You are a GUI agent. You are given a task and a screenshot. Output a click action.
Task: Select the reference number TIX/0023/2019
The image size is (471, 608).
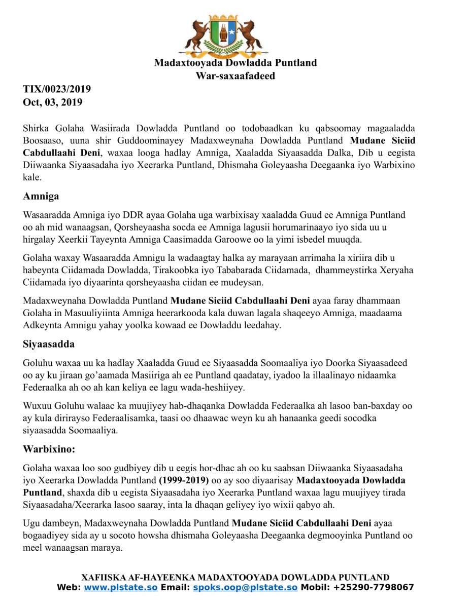(57, 90)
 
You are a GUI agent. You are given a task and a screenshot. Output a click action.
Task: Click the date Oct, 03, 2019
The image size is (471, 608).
(53, 102)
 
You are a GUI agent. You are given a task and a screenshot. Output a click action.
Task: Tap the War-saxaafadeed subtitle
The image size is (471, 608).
(235, 76)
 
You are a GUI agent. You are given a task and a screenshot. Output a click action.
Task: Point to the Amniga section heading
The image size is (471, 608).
(42, 197)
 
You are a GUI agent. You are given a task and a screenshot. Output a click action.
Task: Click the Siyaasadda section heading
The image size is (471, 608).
(49, 344)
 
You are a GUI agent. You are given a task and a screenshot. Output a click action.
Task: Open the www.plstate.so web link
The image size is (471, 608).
(121, 588)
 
